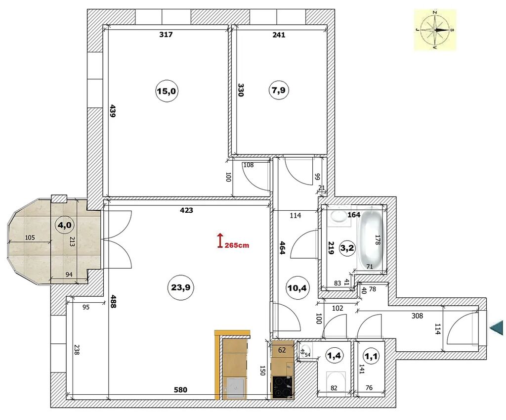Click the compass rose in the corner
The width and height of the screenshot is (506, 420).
(435, 30)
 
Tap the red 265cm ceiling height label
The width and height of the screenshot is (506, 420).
(237, 245)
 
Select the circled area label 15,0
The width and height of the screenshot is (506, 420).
(166, 92)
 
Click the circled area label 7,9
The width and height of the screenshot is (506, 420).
(279, 91)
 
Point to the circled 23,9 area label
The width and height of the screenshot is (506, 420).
(181, 287)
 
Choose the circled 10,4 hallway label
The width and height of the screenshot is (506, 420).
(297, 287)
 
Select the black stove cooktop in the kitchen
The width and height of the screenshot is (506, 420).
(282, 387)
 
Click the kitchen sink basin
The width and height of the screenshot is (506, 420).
(236, 388)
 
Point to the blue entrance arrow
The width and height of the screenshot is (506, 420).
(497, 328)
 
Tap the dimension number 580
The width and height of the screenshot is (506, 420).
(180, 390)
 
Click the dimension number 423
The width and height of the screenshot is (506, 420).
(186, 210)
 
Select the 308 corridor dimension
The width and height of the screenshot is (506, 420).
(417, 316)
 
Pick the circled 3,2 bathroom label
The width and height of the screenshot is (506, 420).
(347, 248)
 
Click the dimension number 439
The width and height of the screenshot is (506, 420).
(112, 111)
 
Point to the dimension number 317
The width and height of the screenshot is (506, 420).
(166, 34)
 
